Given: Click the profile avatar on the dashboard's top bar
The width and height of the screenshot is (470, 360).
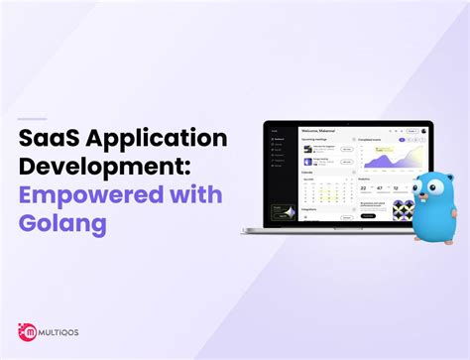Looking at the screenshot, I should pos(424,130).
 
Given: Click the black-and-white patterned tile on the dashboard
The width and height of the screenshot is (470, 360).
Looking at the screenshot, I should pos(402,210).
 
